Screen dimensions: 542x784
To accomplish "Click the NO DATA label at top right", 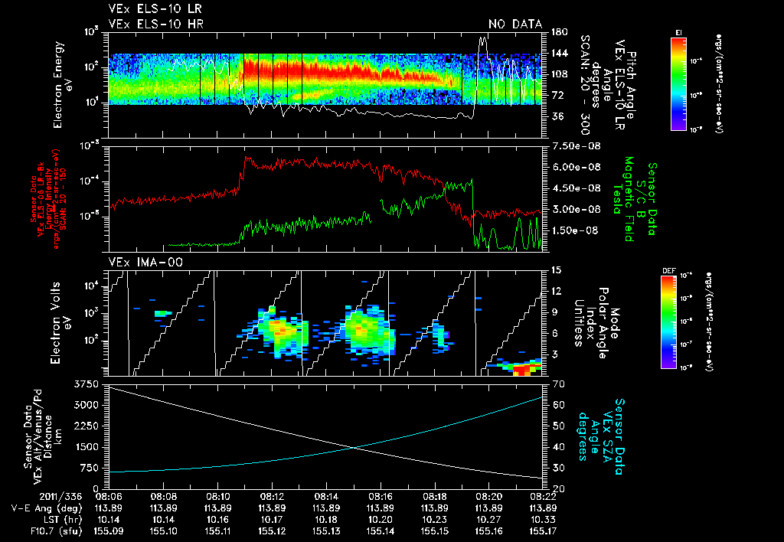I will (514, 24).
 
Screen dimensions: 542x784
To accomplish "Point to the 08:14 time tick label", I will (327, 497).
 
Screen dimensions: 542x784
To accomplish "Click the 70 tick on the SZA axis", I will (557, 384).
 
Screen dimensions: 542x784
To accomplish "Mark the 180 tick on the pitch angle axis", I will (557, 32).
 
